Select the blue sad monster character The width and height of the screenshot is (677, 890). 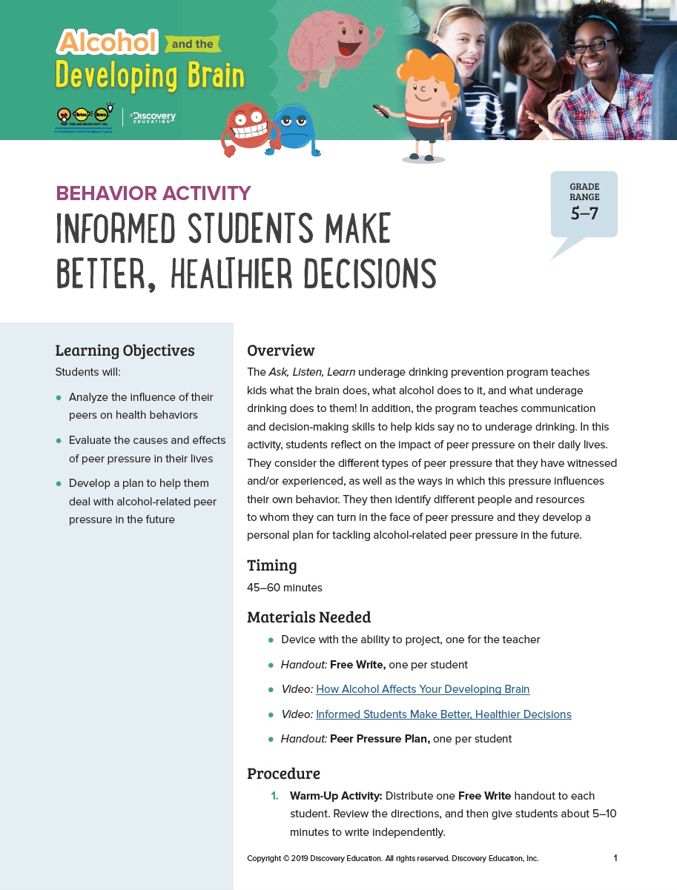pyautogui.click(x=294, y=130)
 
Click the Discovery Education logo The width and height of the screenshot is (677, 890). pyautogui.click(x=152, y=117)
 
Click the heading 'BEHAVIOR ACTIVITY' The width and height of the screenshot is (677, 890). pyautogui.click(x=153, y=193)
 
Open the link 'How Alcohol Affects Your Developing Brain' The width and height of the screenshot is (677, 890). pyautogui.click(x=423, y=689)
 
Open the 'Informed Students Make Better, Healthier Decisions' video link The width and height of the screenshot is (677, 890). pyautogui.click(x=443, y=714)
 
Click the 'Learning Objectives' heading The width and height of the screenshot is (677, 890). pyautogui.click(x=125, y=351)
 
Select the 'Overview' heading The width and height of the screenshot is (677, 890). pyautogui.click(x=281, y=351)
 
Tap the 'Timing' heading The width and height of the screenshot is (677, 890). pyautogui.click(x=272, y=565)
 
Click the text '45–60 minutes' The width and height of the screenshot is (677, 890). pyautogui.click(x=285, y=588)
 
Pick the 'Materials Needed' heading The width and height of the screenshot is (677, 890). pyautogui.click(x=308, y=617)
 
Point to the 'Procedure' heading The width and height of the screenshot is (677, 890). pyautogui.click(x=283, y=774)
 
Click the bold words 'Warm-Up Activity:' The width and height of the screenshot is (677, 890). pyautogui.click(x=336, y=796)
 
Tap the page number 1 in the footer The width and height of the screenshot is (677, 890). pyautogui.click(x=615, y=858)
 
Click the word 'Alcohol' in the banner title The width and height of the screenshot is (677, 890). pyautogui.click(x=108, y=42)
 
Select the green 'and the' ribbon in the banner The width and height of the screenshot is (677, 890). pyautogui.click(x=193, y=44)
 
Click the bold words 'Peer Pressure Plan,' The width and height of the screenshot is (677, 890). pyautogui.click(x=380, y=739)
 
